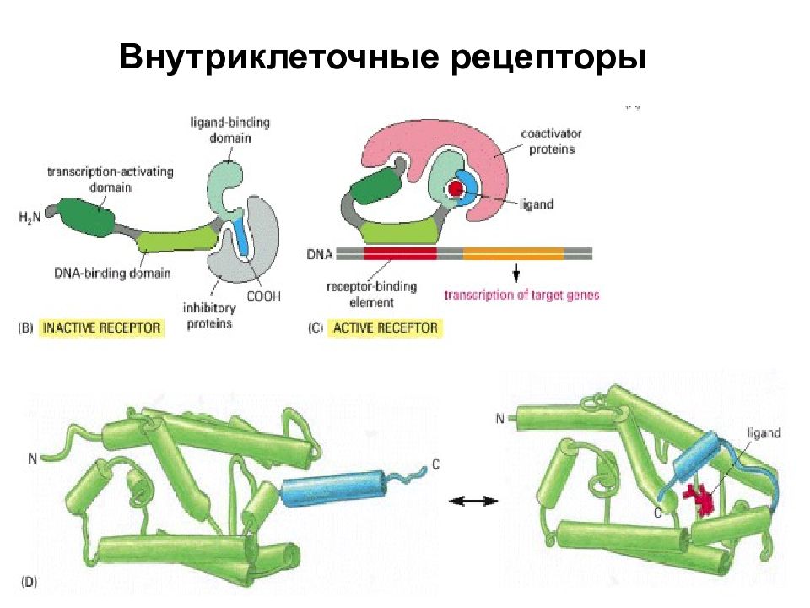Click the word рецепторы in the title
point(548,57)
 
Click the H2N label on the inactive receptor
point(30,218)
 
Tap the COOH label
point(263,296)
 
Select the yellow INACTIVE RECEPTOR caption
point(101,328)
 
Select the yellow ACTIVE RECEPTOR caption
point(386,328)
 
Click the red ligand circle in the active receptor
point(455,188)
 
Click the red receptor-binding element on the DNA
point(400,253)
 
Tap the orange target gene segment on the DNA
point(513,253)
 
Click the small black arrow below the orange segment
point(516,273)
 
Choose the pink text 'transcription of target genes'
point(521,296)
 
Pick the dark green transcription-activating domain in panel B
point(86,217)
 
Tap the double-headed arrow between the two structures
point(473,501)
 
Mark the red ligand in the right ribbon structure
point(699,498)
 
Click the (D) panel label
point(29,583)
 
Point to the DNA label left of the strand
point(320,254)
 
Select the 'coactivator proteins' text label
point(551,142)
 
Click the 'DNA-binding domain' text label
point(112,273)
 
